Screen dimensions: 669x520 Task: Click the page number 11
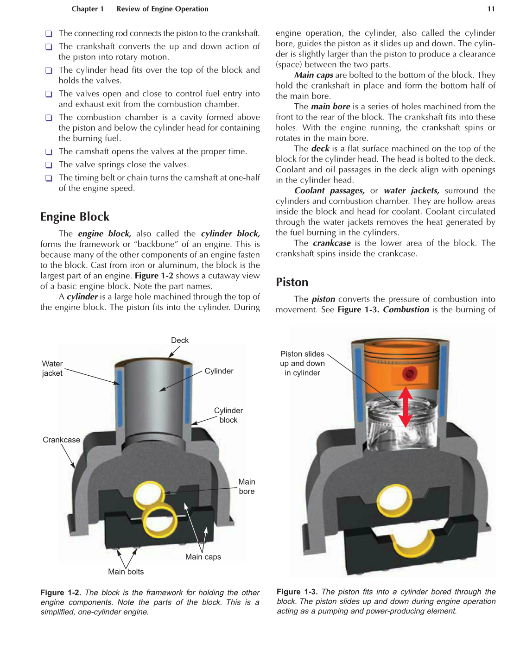pos(491,9)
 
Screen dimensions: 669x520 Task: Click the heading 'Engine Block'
pos(75,217)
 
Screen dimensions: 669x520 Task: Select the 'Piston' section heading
pos(292,282)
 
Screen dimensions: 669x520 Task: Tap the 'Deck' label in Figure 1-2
pos(180,341)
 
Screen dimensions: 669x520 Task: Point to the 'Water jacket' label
pos(52,369)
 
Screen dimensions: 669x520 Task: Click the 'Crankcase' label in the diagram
pos(61,440)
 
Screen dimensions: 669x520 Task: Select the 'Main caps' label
pos(203,557)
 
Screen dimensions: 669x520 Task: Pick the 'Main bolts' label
pos(126,572)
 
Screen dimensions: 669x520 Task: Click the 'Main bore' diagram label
pos(247,486)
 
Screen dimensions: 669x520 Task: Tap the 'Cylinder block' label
pos(228,415)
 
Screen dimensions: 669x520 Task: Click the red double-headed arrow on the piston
pos(406,407)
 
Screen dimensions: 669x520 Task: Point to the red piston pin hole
pos(410,373)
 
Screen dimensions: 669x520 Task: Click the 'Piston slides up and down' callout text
pos(302,363)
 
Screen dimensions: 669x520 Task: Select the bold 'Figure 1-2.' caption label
pos(61,593)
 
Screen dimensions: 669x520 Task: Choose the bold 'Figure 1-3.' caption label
pos(297,592)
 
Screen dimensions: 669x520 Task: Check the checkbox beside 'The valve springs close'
pos(49,165)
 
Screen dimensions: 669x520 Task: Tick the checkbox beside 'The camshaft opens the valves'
pos(49,152)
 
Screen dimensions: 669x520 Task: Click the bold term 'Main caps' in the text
pos(313,75)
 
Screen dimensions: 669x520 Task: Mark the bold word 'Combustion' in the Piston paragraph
pos(406,309)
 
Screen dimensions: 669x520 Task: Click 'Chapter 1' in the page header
pos(88,9)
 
